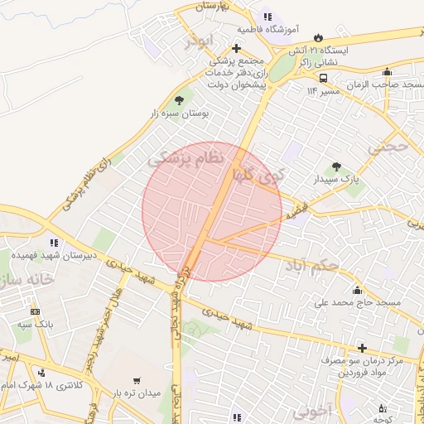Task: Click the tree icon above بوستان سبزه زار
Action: (x=179, y=101)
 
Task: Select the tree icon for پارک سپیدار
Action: (x=335, y=166)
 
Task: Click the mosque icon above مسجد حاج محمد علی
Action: (x=357, y=290)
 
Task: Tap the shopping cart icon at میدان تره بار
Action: (x=136, y=380)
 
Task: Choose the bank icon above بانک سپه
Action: (x=35, y=311)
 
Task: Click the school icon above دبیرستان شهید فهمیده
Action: (x=54, y=243)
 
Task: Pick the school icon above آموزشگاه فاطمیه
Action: (x=267, y=16)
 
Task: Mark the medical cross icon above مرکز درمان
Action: (x=361, y=348)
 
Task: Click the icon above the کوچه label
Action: (x=382, y=408)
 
